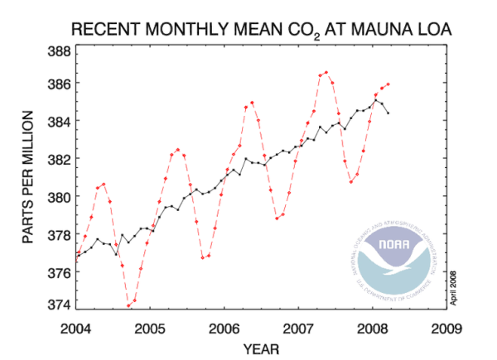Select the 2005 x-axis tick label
[x=150, y=325]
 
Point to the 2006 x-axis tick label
[x=224, y=325]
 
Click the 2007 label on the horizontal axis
[x=297, y=325]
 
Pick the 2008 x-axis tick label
[x=372, y=325]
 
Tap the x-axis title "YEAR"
[x=260, y=348]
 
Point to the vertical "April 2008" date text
[x=454, y=286]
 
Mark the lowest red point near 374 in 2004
[x=128, y=305]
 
